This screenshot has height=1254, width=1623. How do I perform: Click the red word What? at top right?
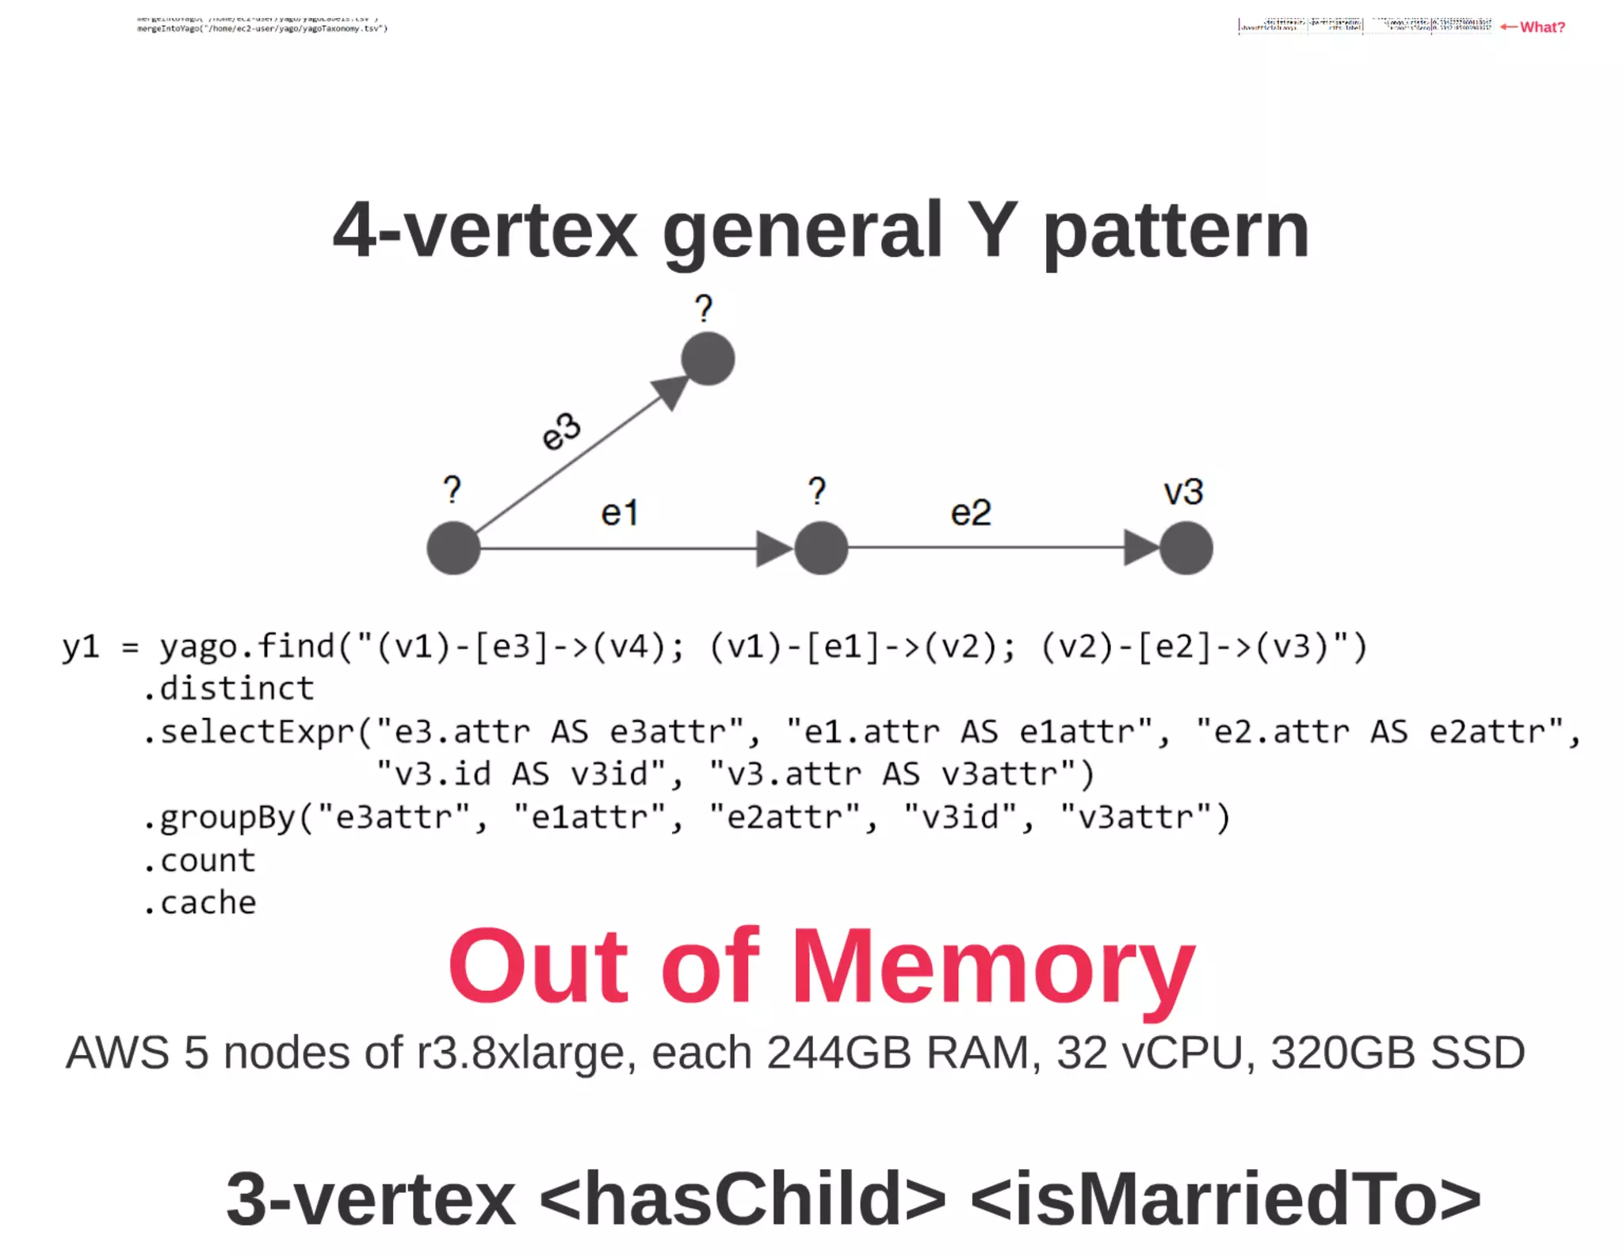point(1541,27)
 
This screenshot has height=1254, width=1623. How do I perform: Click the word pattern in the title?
point(1175,231)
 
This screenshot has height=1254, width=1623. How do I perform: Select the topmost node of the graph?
point(708,358)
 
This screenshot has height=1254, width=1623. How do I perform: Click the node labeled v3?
point(1186,548)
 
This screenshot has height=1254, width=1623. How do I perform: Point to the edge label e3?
point(561,431)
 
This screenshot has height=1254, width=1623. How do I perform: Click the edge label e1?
point(619,513)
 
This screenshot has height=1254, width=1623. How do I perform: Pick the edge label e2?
point(971,513)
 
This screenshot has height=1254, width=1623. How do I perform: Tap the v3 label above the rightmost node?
point(1183,492)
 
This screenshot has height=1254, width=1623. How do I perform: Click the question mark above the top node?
point(704,308)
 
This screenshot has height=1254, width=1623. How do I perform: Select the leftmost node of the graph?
point(453,548)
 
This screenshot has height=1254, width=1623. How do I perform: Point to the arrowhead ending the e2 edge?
point(1141,548)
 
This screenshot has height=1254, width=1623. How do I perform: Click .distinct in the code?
point(228,688)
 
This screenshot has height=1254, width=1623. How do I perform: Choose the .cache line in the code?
point(200,902)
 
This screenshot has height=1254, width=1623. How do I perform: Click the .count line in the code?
point(200,860)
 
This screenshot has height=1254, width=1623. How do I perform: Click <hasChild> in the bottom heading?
point(743,1199)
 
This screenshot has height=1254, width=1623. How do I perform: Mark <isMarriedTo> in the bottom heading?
point(1224,1199)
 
